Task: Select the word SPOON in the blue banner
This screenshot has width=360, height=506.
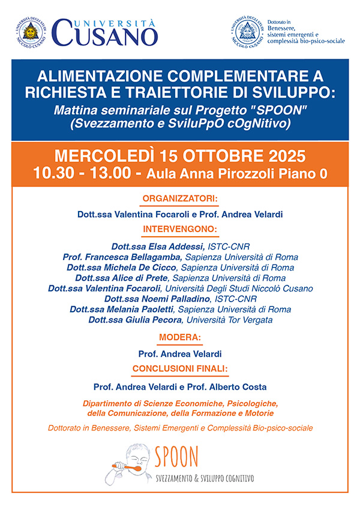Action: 269,111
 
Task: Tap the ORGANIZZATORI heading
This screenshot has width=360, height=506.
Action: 180,198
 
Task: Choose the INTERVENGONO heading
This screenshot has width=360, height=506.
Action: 180,228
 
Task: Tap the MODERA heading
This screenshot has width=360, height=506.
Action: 180,337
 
